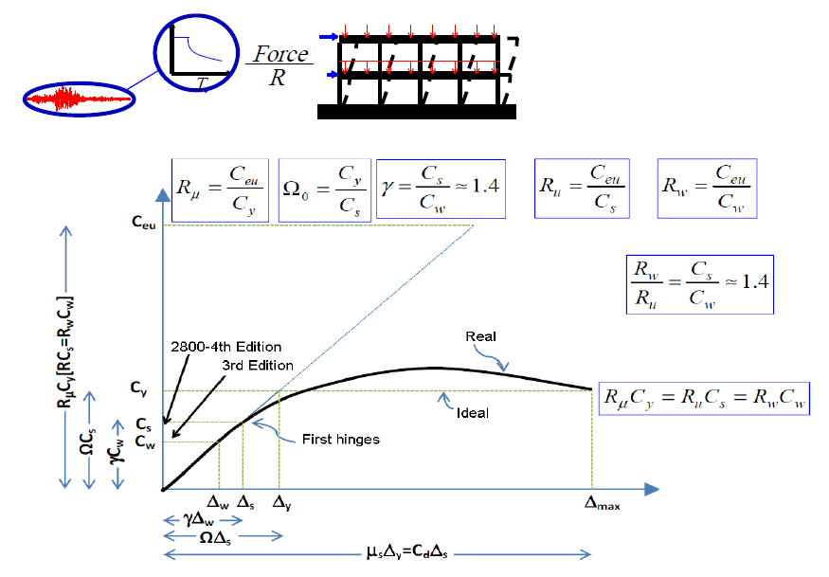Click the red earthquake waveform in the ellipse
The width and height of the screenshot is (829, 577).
[79, 99]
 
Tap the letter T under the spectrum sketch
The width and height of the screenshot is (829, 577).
[202, 83]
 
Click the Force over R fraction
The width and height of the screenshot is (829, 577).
[279, 65]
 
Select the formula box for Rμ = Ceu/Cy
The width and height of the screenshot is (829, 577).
[220, 190]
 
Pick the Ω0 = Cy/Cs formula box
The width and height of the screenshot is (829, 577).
[325, 189]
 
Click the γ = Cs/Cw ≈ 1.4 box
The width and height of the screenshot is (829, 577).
[441, 189]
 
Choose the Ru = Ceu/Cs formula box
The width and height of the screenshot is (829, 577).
[582, 189]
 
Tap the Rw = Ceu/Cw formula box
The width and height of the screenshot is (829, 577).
[707, 189]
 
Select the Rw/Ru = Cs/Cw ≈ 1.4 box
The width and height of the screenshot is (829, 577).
[700, 284]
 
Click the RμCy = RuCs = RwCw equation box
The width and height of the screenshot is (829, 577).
[704, 398]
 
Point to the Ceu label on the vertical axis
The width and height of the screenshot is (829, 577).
[144, 223]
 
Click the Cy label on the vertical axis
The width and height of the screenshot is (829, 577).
[138, 388]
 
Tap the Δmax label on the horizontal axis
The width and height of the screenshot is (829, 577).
[602, 503]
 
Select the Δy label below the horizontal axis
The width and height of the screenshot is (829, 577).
[281, 502]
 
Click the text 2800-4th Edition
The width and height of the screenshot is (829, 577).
[225, 347]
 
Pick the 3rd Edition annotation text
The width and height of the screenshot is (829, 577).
[258, 366]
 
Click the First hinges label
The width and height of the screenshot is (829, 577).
[341, 440]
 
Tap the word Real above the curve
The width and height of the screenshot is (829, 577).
[480, 336]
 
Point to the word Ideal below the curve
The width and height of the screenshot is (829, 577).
[473, 413]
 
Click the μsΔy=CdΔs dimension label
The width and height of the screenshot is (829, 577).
[407, 552]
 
